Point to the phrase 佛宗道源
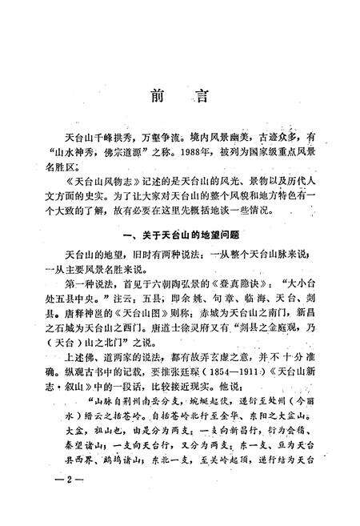130,151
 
